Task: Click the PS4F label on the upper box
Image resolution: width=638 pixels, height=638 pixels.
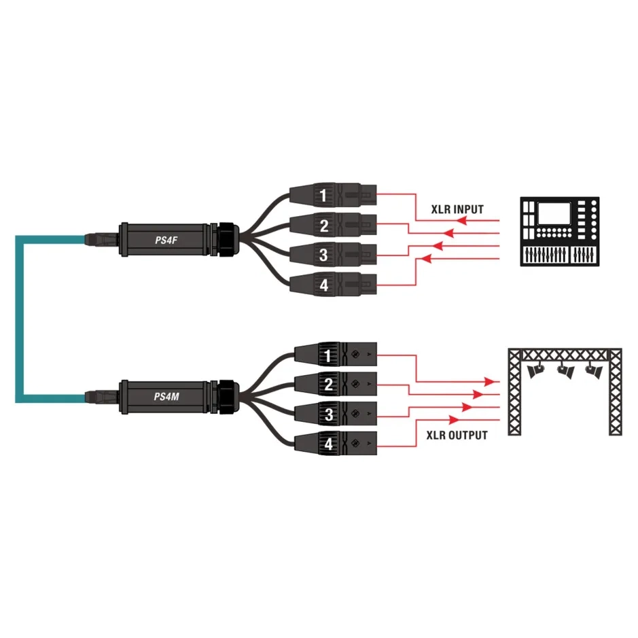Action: [166, 240]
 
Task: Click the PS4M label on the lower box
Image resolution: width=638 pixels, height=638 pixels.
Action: [166, 396]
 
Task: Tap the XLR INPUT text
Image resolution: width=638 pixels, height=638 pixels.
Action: [457, 209]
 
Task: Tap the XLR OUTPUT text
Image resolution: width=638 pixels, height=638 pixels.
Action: [457, 436]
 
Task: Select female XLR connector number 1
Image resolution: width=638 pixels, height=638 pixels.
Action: [333, 195]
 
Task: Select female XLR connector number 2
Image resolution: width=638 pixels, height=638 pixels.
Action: [333, 225]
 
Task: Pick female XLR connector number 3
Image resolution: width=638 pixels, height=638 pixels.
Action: [333, 255]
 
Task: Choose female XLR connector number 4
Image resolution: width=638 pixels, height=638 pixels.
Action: [333, 285]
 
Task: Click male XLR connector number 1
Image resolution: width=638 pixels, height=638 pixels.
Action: [335, 355]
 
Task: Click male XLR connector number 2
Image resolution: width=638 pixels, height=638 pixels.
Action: [335, 384]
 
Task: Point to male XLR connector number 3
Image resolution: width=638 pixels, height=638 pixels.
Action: [335, 414]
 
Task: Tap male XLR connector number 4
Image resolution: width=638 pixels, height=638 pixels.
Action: [335, 444]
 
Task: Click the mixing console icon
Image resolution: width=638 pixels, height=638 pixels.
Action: [559, 232]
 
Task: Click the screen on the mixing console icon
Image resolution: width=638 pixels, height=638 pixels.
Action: [554, 214]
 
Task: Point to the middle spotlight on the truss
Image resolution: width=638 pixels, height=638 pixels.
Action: [565, 370]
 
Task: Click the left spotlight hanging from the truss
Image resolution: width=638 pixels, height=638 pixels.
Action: [535, 370]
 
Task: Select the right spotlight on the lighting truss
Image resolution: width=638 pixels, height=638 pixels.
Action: [594, 370]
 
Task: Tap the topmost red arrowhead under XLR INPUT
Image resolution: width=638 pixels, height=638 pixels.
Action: [461, 221]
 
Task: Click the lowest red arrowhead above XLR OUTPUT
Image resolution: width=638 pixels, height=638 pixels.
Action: [454, 419]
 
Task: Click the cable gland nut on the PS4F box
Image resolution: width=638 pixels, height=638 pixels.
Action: [226, 240]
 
